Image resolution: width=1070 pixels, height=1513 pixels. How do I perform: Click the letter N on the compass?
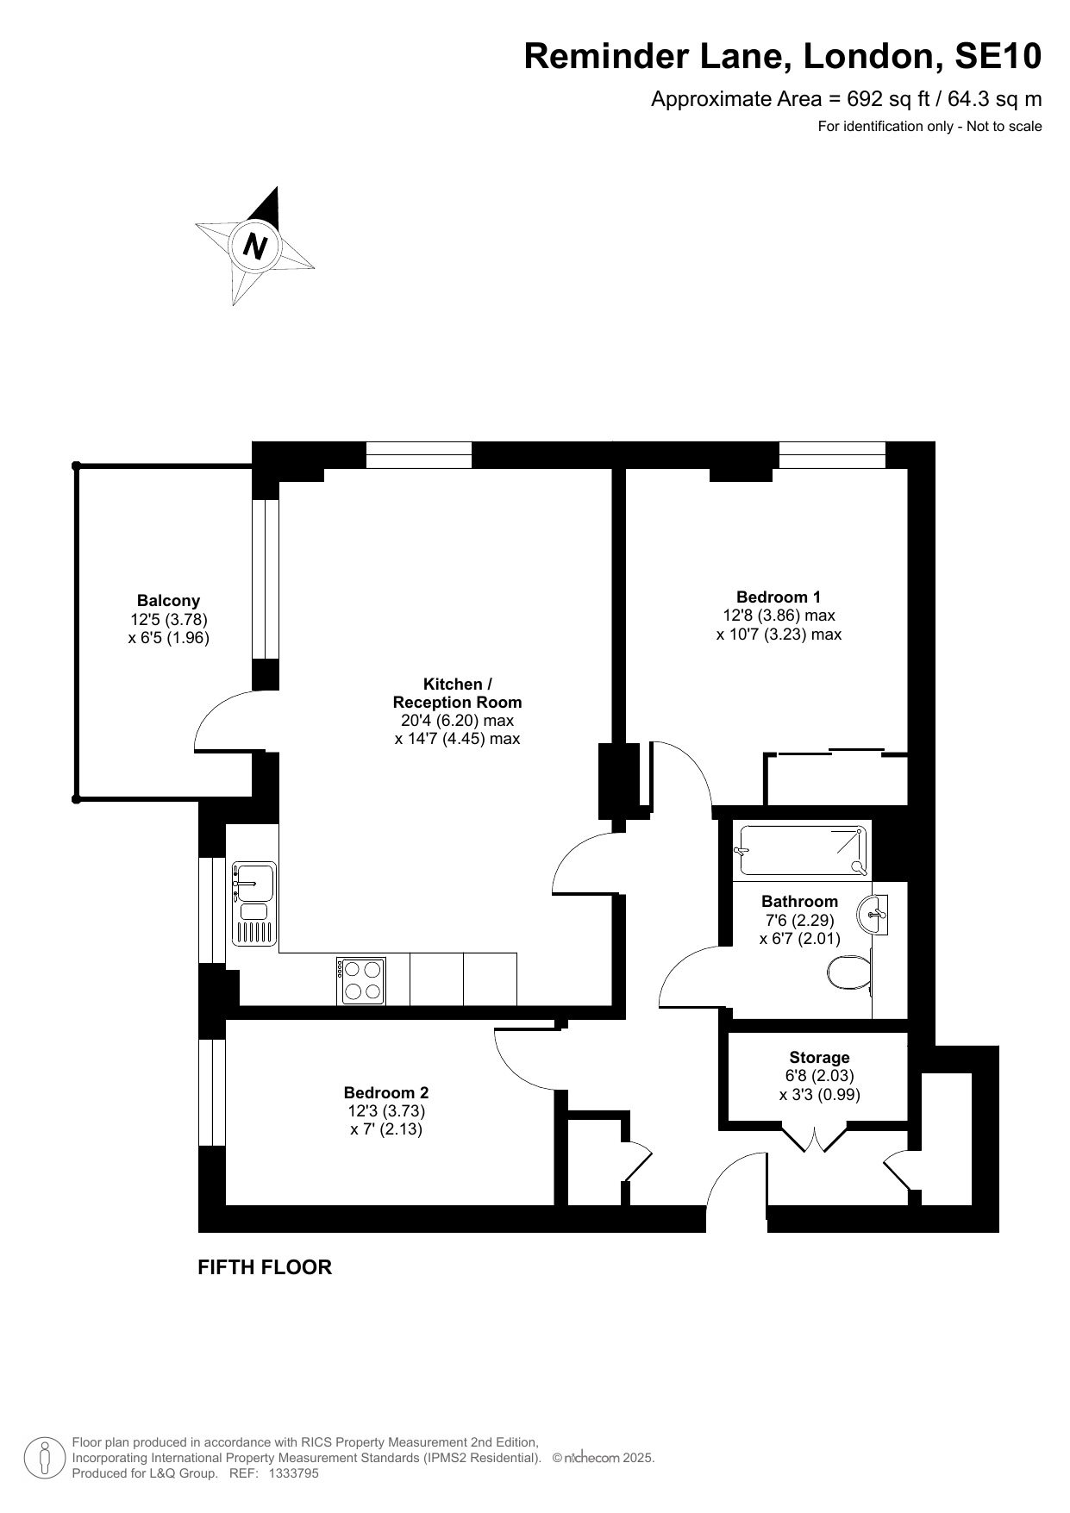[x=255, y=247]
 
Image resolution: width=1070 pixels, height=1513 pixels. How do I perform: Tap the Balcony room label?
[x=168, y=601]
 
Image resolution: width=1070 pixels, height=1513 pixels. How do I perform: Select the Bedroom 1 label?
[x=779, y=597]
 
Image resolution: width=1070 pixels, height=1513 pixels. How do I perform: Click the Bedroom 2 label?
[x=386, y=1092]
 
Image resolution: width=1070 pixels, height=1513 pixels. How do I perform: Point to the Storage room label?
[x=819, y=1057]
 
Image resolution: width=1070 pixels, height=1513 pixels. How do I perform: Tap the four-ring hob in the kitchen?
[x=361, y=980]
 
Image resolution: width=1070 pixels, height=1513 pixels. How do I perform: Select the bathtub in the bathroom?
[x=801, y=850]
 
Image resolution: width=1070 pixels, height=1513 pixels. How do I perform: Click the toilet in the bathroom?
[x=850, y=973]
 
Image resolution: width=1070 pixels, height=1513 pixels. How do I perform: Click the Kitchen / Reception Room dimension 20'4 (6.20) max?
[x=457, y=721]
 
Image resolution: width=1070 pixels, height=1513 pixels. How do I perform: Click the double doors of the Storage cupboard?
[x=815, y=1137]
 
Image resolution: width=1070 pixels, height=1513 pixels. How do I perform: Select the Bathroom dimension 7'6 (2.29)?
[x=799, y=920]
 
